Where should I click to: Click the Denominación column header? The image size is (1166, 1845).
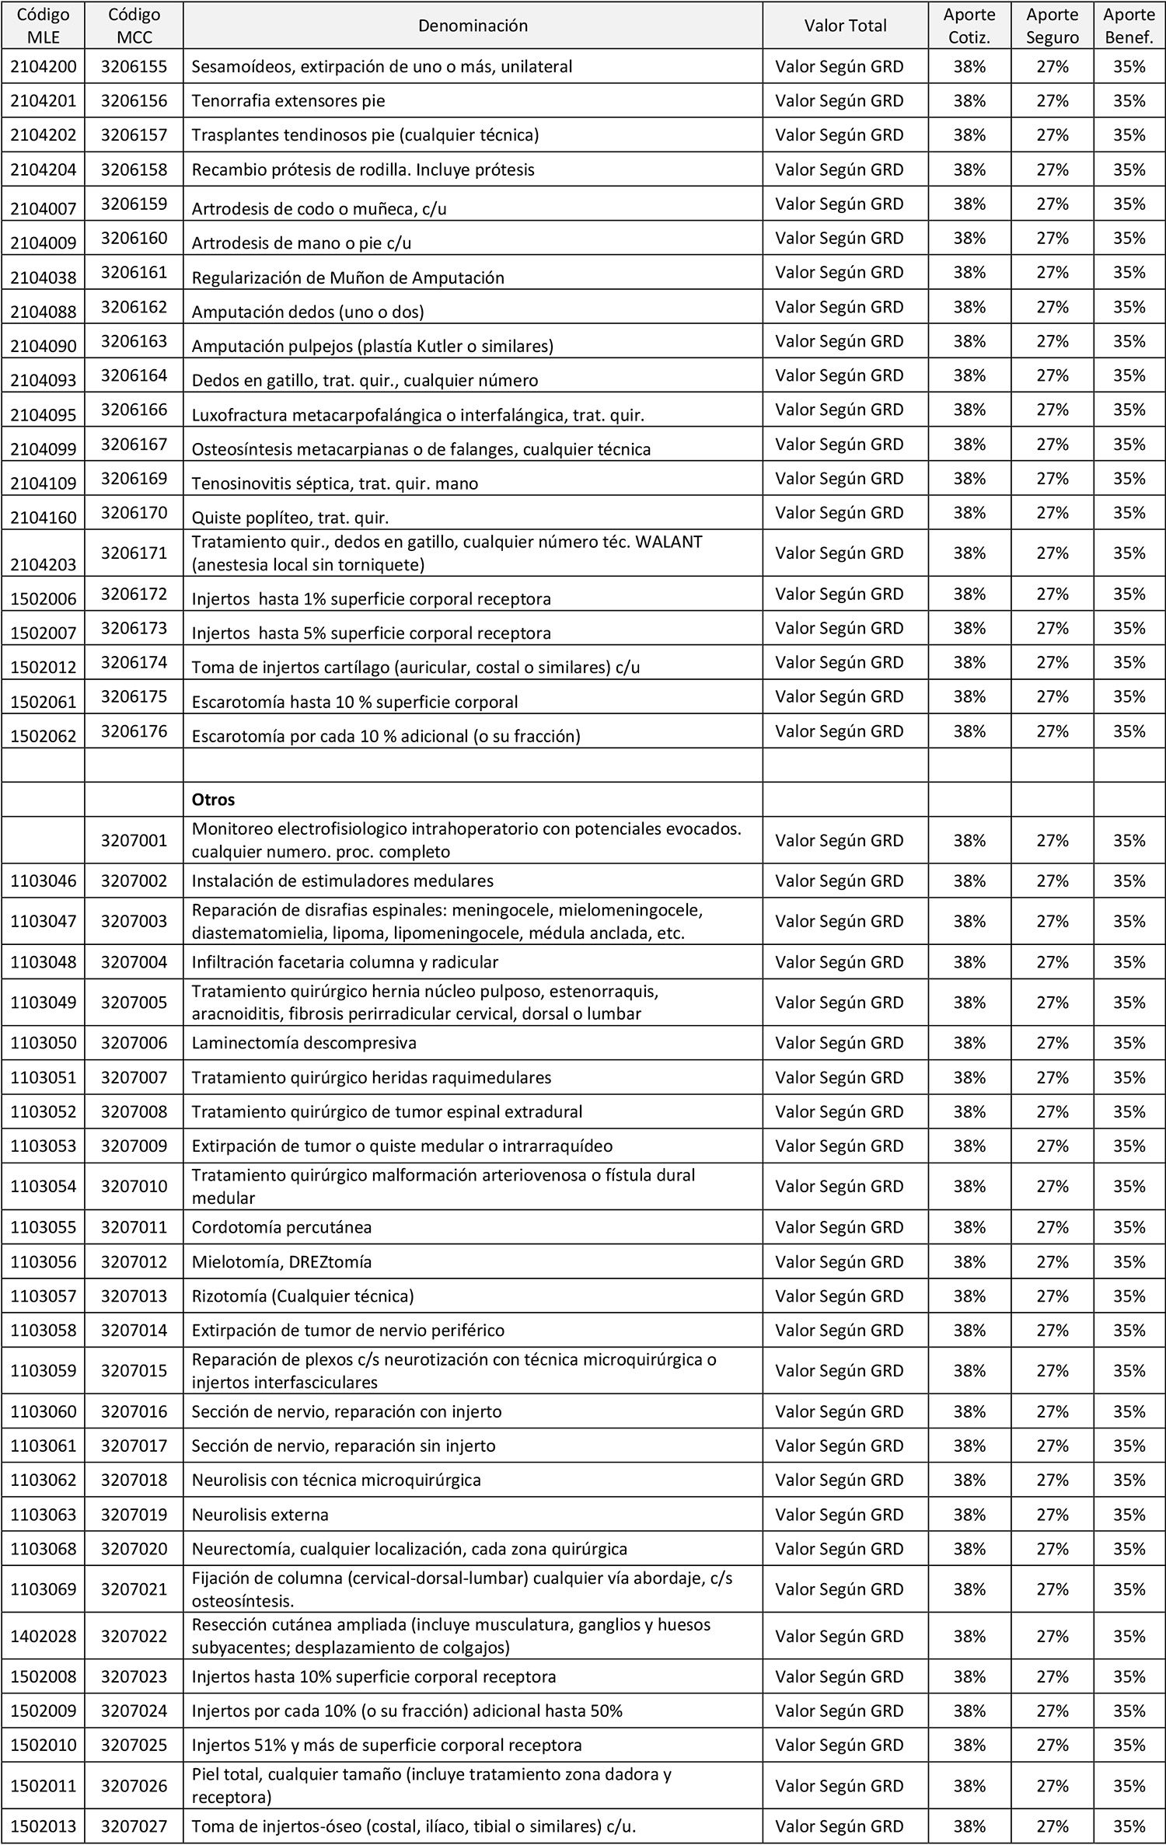(x=473, y=26)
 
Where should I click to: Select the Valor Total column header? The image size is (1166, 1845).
(x=845, y=26)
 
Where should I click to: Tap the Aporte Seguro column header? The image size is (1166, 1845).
(x=1052, y=26)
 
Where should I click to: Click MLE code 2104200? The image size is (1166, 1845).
(x=44, y=67)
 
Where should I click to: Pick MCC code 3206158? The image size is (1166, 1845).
(x=134, y=169)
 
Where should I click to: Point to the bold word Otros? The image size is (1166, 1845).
(x=213, y=800)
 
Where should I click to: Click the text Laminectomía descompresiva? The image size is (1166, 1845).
(x=304, y=1043)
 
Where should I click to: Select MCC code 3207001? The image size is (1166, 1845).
(x=134, y=840)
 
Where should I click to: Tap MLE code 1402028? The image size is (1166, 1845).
(x=44, y=1636)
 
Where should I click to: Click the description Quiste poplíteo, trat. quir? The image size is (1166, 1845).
(x=290, y=518)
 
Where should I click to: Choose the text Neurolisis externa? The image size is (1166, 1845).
(x=260, y=1515)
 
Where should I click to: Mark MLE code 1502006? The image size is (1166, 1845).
(x=44, y=598)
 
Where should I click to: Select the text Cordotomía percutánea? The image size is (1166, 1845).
(x=281, y=1228)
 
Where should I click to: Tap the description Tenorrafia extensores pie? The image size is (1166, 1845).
(x=288, y=101)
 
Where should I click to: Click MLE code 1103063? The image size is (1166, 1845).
(x=44, y=1515)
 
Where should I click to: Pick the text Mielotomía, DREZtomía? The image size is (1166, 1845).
(x=281, y=1262)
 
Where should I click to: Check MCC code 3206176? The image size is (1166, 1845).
(x=134, y=731)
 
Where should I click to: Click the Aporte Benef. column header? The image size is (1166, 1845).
(x=1129, y=26)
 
